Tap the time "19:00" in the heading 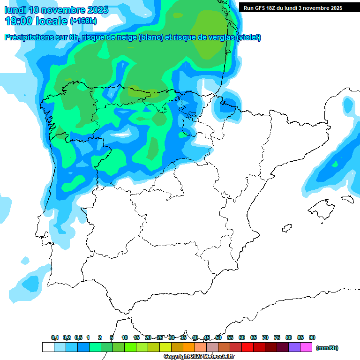19,21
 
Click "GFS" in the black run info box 261,8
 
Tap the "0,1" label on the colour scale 55,338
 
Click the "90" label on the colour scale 312,338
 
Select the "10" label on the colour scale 125,338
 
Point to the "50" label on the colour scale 218,338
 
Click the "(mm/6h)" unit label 327,348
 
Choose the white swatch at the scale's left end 48,347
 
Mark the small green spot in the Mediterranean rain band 335,165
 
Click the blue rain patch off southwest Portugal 31,283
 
